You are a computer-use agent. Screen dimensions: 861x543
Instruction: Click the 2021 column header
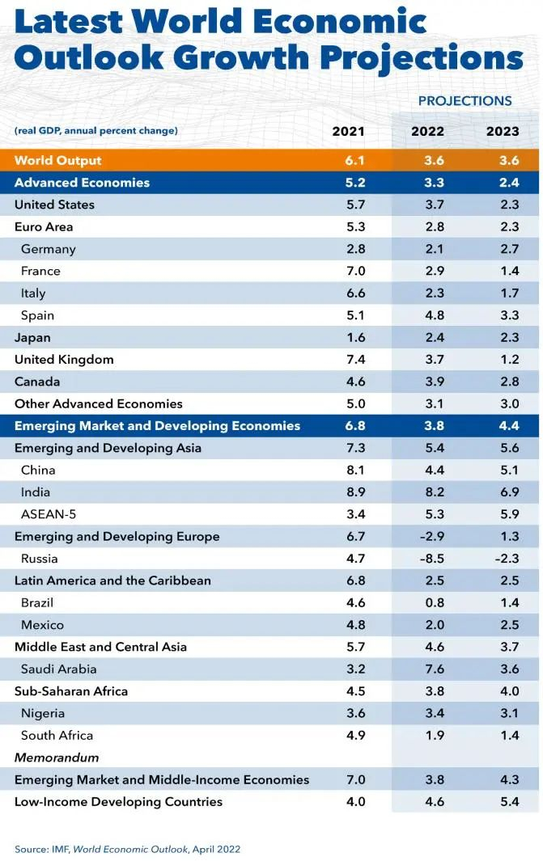pyautogui.click(x=348, y=132)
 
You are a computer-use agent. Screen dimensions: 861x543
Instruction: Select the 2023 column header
pyautogui.click(x=503, y=132)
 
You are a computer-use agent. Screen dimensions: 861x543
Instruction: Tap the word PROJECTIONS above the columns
pyautogui.click(x=465, y=101)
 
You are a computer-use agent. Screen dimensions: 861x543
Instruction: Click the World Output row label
pyautogui.click(x=58, y=160)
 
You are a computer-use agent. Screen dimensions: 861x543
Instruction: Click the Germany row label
pyautogui.click(x=49, y=249)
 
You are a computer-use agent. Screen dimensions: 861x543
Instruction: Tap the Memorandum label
pyautogui.click(x=57, y=758)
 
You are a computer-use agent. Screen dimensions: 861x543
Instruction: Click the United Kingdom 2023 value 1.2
pyautogui.click(x=508, y=360)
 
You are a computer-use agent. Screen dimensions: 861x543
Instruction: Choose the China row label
pyautogui.click(x=38, y=471)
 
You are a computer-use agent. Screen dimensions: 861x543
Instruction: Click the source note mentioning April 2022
pyautogui.click(x=127, y=849)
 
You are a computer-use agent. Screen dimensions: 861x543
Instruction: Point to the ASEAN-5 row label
pyautogui.click(x=48, y=514)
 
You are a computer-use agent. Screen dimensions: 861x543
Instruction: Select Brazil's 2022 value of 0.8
pyautogui.click(x=434, y=603)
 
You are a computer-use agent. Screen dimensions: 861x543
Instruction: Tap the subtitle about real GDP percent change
pyautogui.click(x=96, y=131)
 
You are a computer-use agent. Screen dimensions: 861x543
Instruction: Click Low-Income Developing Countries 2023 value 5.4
pyautogui.click(x=508, y=802)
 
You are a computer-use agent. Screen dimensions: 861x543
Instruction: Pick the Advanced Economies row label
pyautogui.click(x=82, y=183)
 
